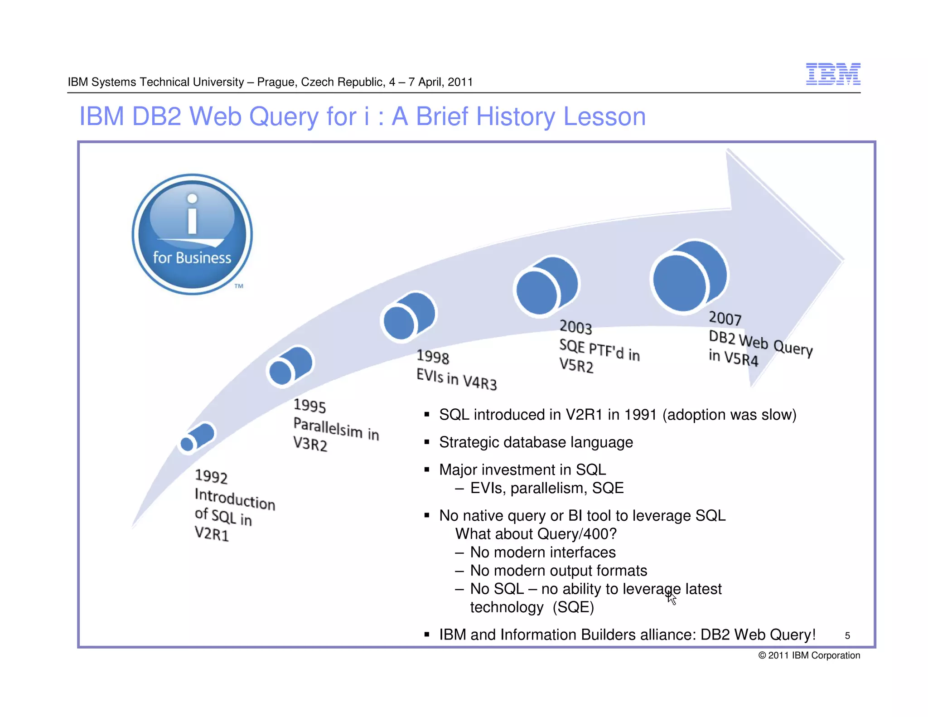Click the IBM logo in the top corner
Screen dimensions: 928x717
(833, 74)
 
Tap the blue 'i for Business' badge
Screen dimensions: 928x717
(192, 234)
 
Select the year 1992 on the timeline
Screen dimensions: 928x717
(211, 476)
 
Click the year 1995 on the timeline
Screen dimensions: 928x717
(309, 406)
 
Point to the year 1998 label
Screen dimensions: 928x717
(433, 357)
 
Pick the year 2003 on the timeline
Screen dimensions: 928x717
(575, 327)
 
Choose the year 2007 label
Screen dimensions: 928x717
(725, 318)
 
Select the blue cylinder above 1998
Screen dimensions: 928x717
(408, 316)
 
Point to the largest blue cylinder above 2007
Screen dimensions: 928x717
(689, 276)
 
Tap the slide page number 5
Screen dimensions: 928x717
(847, 636)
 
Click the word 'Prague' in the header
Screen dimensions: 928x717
(276, 82)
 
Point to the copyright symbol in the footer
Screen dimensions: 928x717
(762, 655)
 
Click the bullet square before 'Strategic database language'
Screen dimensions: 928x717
(427, 442)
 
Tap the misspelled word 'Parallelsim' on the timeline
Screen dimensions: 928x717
(328, 427)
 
